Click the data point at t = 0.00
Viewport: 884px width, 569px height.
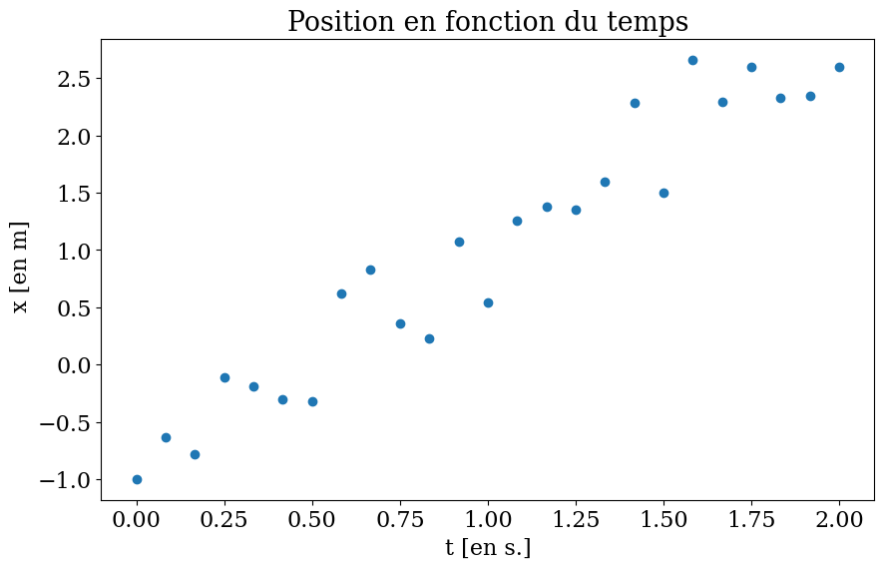point(137,479)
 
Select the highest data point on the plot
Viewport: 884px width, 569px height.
point(692,60)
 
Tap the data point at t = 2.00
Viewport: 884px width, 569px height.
point(839,67)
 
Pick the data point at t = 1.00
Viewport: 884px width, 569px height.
point(488,302)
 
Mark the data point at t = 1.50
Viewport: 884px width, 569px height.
point(663,193)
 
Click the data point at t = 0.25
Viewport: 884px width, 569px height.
point(224,377)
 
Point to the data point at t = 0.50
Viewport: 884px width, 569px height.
point(312,401)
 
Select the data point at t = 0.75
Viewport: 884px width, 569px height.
point(400,323)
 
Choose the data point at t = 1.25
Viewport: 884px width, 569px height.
point(576,210)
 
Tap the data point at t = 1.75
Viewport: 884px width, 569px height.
point(751,67)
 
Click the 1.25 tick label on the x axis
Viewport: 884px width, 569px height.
point(576,520)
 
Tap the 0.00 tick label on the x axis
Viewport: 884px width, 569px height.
point(137,520)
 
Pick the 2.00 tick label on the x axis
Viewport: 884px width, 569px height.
point(839,520)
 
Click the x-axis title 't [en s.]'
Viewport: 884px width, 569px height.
point(488,548)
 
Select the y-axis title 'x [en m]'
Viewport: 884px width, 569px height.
point(21,267)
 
